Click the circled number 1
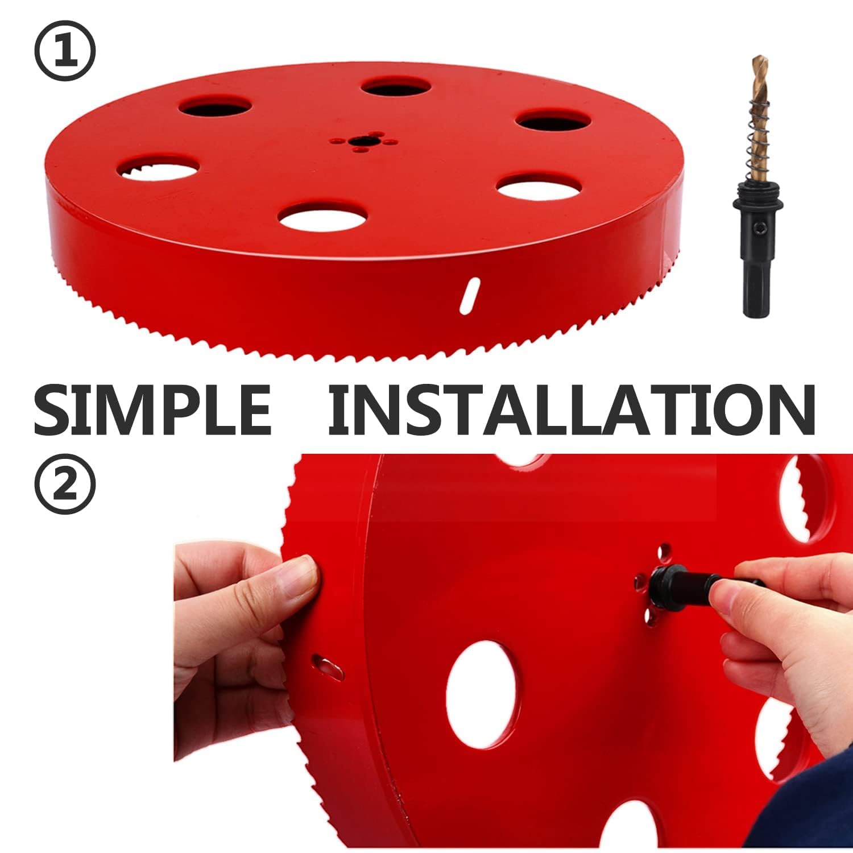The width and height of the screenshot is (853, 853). tap(65, 51)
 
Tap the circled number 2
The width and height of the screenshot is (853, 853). tap(65, 484)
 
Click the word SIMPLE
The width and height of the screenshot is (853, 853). tap(152, 409)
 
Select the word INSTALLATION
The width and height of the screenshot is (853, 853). tap(571, 409)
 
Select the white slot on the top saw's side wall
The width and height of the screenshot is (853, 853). tap(469, 294)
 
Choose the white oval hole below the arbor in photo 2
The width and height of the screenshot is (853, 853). tap(483, 694)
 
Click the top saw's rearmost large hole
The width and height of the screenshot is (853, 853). tap(395, 87)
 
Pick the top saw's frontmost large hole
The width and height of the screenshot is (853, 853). tap(323, 218)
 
